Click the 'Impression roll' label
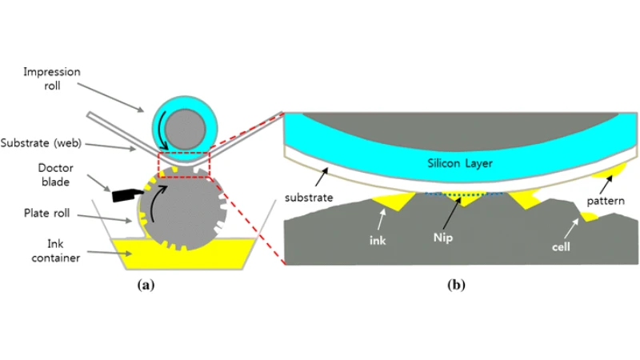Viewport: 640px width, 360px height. (x=52, y=78)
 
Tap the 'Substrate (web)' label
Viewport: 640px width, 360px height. (x=41, y=143)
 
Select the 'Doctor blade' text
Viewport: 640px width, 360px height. (x=55, y=174)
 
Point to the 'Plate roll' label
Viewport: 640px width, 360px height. (x=46, y=213)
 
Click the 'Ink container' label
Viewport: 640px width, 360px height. (x=55, y=251)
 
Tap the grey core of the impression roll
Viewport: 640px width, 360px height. (x=185, y=130)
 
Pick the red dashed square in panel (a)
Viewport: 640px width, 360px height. (x=184, y=165)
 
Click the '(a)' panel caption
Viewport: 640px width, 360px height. (x=146, y=285)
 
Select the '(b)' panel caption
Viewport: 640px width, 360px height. (x=456, y=285)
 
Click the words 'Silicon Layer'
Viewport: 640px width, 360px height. (x=460, y=163)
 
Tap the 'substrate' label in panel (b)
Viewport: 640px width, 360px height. (x=309, y=198)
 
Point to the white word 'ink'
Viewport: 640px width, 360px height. (x=378, y=241)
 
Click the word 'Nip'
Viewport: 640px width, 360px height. (x=443, y=238)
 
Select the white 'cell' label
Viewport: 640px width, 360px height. (x=561, y=247)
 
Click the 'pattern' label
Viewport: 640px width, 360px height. (x=606, y=202)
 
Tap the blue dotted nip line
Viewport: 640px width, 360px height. (x=464, y=194)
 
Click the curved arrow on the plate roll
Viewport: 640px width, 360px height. (x=157, y=203)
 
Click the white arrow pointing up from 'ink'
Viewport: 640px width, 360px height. (x=382, y=220)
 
